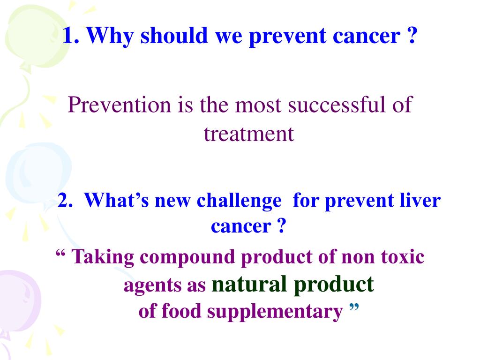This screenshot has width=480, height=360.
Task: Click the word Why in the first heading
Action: [110, 36]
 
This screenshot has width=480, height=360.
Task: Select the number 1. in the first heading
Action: [71, 35]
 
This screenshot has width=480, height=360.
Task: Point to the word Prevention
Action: [119, 105]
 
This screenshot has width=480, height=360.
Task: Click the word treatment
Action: [249, 134]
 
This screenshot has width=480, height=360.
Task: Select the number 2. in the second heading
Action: [65, 200]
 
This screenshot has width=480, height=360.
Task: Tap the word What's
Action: [116, 200]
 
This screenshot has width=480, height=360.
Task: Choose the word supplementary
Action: [275, 312]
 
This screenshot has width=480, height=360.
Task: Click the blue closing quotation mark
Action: [354, 307]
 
